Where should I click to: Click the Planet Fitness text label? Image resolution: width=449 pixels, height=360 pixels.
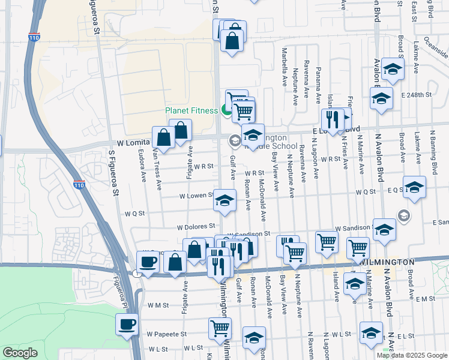click(x=192, y=110)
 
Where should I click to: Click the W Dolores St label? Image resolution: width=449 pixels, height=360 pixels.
click(x=196, y=226)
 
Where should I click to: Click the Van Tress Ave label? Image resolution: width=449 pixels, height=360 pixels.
click(x=157, y=170)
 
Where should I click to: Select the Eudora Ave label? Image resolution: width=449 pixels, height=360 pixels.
click(x=143, y=168)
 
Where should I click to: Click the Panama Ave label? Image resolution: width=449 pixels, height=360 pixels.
click(x=318, y=84)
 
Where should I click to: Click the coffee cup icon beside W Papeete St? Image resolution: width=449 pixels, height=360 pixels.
click(x=127, y=325)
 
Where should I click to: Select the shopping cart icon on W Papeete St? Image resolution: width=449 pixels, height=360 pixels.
click(x=220, y=328)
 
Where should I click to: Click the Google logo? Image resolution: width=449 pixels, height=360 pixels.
click(x=20, y=353)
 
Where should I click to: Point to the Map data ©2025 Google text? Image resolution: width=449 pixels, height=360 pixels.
click(x=412, y=355)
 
